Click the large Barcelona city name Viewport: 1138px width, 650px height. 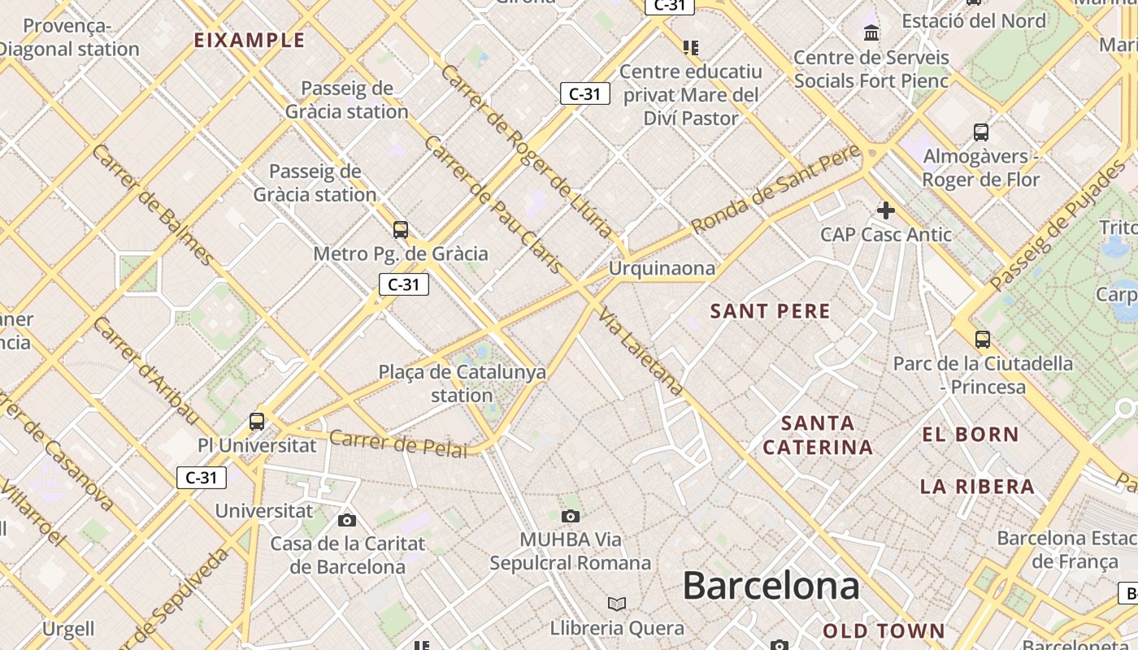(x=771, y=586)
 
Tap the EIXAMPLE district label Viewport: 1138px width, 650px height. (x=250, y=41)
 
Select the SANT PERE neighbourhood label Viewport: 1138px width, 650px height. (x=771, y=311)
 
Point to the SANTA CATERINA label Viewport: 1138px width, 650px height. (x=818, y=435)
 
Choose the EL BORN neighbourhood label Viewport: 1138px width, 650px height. (x=971, y=435)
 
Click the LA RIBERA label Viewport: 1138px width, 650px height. (x=977, y=487)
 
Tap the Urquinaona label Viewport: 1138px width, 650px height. (x=662, y=268)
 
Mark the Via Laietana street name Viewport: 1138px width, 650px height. (x=641, y=350)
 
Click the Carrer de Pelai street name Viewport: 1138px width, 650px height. (x=398, y=444)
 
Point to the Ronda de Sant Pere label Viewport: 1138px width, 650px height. (x=776, y=188)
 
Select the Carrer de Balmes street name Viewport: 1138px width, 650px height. (x=154, y=205)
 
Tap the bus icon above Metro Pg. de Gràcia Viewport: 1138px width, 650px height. (x=401, y=230)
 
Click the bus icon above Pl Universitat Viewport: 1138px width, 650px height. (x=257, y=421)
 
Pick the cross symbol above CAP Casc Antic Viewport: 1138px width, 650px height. (x=886, y=211)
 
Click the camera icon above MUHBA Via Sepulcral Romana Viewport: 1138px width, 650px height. (x=571, y=516)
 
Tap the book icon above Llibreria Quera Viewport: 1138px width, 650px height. (x=617, y=604)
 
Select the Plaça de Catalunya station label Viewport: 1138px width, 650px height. (x=462, y=383)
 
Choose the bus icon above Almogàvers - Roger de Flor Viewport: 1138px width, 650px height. (x=981, y=132)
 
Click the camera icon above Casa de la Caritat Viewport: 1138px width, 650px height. (x=347, y=520)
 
